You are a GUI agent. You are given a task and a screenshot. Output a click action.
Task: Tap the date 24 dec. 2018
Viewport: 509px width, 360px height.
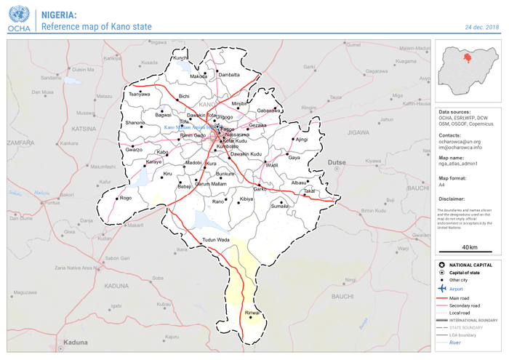[x=482, y=27]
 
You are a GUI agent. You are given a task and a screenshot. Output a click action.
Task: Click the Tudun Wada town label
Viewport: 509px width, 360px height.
[x=216, y=240]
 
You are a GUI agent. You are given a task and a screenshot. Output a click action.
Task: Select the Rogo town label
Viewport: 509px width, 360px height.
[x=125, y=198]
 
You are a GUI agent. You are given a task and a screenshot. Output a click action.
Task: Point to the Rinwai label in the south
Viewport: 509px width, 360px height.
[x=252, y=313]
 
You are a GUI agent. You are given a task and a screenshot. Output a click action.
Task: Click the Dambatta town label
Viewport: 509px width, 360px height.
[x=229, y=75]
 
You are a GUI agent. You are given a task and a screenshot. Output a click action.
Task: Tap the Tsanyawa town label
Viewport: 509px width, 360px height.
[x=139, y=95]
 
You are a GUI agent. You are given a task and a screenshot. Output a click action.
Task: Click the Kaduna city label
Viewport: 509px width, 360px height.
[x=75, y=342]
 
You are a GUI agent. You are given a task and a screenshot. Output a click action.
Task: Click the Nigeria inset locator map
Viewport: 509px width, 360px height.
[x=467, y=69]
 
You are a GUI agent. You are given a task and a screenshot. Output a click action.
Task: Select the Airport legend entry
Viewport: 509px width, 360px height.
[x=456, y=289]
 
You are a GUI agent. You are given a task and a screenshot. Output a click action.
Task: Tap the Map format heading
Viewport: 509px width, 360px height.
[x=454, y=178]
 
